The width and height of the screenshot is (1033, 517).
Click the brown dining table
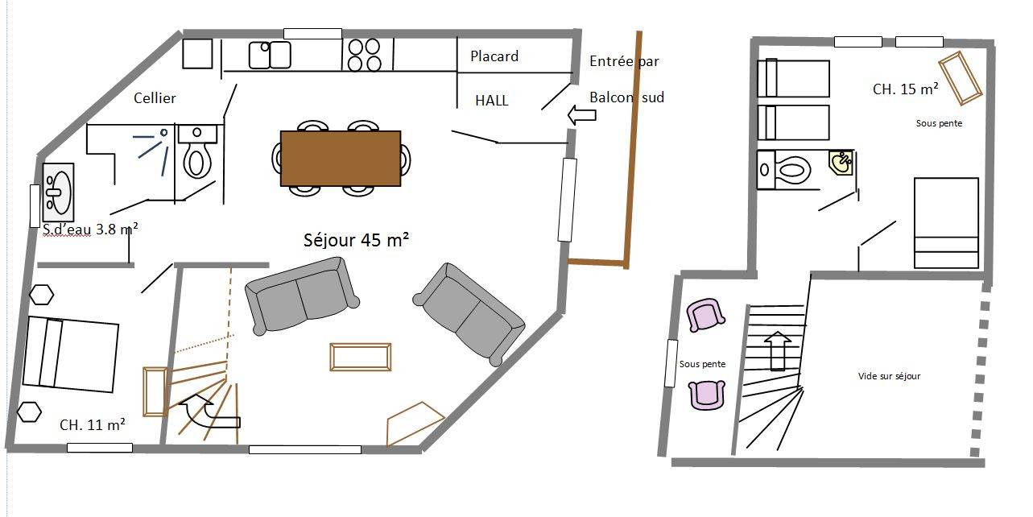pos(341,158)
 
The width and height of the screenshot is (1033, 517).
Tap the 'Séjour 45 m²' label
pos(356,240)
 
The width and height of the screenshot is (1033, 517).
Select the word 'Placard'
pos(494,56)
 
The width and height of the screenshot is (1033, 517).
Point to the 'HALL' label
pos(492,101)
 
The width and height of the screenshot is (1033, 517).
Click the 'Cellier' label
pos(155,97)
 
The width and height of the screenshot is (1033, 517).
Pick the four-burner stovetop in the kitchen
pos(364,56)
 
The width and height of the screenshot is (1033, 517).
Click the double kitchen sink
pos(270,55)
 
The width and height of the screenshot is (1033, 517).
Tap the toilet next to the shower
pos(197,151)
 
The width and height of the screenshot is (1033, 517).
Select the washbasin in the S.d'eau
pos(58,192)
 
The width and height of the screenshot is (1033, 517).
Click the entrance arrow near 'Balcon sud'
pos(581,115)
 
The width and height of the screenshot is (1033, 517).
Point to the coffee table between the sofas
pos(361,357)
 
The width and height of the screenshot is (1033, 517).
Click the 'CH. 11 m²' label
pos(93,424)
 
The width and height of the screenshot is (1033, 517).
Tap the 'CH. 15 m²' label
pos(905,89)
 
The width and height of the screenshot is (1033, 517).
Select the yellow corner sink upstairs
pos(841,163)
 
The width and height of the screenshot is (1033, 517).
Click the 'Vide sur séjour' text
pos(889,376)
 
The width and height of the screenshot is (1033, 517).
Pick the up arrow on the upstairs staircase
pos(778,350)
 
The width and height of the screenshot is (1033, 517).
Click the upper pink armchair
pos(705,315)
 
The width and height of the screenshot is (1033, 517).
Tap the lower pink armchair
pos(706,395)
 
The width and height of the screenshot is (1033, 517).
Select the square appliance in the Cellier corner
pos(197,53)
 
